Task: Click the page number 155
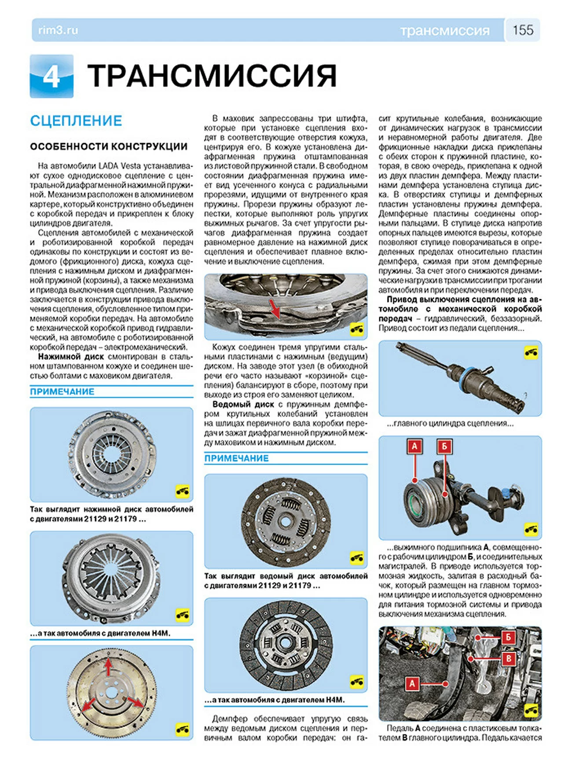pos(523,30)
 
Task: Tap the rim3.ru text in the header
pos(58,30)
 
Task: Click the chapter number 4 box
pos(51,76)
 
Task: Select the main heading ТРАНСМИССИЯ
pos(212,76)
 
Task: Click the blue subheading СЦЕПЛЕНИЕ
pos(76,121)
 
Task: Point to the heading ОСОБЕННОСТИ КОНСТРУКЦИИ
pos(109,146)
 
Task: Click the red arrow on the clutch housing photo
pos(275,308)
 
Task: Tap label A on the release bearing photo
pos(414,447)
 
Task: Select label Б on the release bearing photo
pos(444,447)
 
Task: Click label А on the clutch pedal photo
pos(412,684)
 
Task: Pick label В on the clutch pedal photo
pos(509,659)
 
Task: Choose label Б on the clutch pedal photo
pos(509,637)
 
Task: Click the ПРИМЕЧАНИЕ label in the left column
pos(62,392)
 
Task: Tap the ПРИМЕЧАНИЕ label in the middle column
pos(236,458)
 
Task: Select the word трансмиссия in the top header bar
pos(444,31)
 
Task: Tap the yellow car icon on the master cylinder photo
pos(531,352)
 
